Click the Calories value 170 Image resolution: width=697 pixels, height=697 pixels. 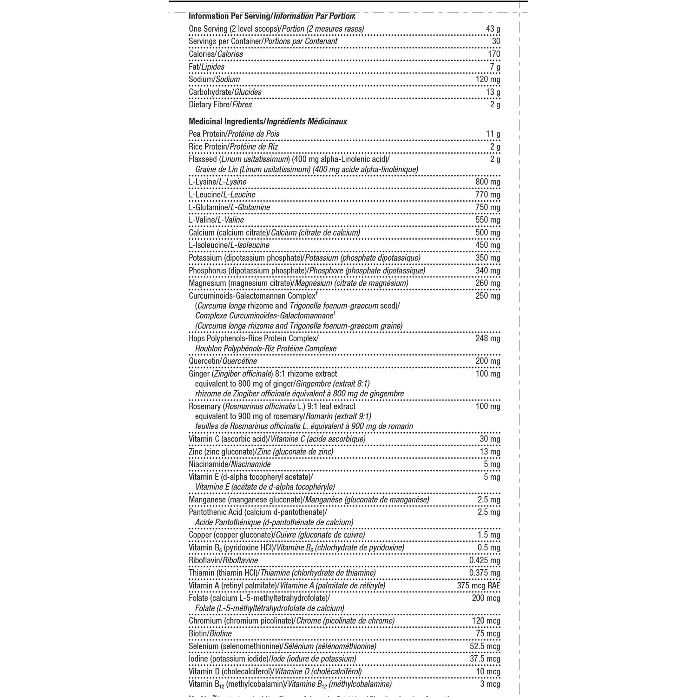point(494,54)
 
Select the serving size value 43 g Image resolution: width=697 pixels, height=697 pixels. point(493,29)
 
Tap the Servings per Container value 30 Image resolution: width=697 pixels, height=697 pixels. point(496,41)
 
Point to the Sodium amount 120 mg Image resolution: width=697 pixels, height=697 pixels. point(487,79)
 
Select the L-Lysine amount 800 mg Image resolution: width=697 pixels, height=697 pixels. point(487,182)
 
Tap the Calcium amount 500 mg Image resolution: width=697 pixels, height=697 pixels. point(487,233)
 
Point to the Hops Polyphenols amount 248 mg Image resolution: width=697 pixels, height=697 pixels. point(487,338)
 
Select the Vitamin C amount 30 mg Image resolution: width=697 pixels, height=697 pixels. point(490,439)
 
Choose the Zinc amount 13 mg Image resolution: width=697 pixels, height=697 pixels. point(490,452)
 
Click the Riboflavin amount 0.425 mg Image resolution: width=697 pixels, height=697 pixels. point(485,560)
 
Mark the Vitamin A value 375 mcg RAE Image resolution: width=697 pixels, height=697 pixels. point(479,585)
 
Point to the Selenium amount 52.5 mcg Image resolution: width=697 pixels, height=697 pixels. point(485,646)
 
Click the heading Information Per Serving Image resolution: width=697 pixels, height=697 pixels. point(229,16)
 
